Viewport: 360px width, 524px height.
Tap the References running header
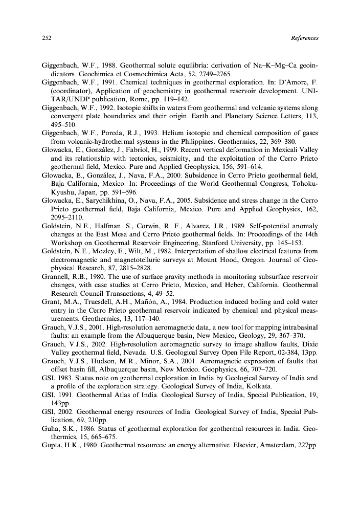(304, 38)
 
